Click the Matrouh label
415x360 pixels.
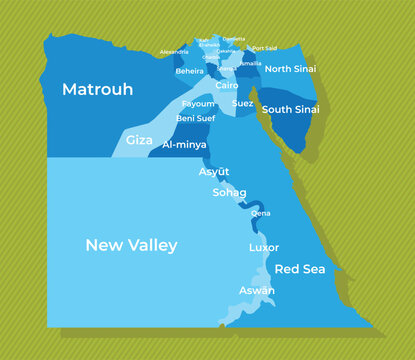pos(97,90)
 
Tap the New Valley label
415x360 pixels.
pos(131,245)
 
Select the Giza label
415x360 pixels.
pos(139,140)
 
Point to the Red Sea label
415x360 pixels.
pos(299,269)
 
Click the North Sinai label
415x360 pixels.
pos(291,69)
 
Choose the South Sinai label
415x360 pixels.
pos(291,108)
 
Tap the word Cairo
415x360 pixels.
pos(226,86)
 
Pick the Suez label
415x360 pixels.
pos(242,103)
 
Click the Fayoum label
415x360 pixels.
pos(198,104)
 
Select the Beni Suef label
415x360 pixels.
pos(195,118)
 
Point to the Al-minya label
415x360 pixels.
pos(184,144)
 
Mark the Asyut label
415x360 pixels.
pos(214,171)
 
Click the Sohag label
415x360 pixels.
pos(229,191)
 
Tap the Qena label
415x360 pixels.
pos(260,213)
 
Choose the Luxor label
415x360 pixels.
pos(264,247)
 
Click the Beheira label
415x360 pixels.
pos(189,71)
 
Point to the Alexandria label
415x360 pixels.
pos(174,51)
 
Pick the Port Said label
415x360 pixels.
pos(265,48)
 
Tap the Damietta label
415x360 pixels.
pos(233,39)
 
